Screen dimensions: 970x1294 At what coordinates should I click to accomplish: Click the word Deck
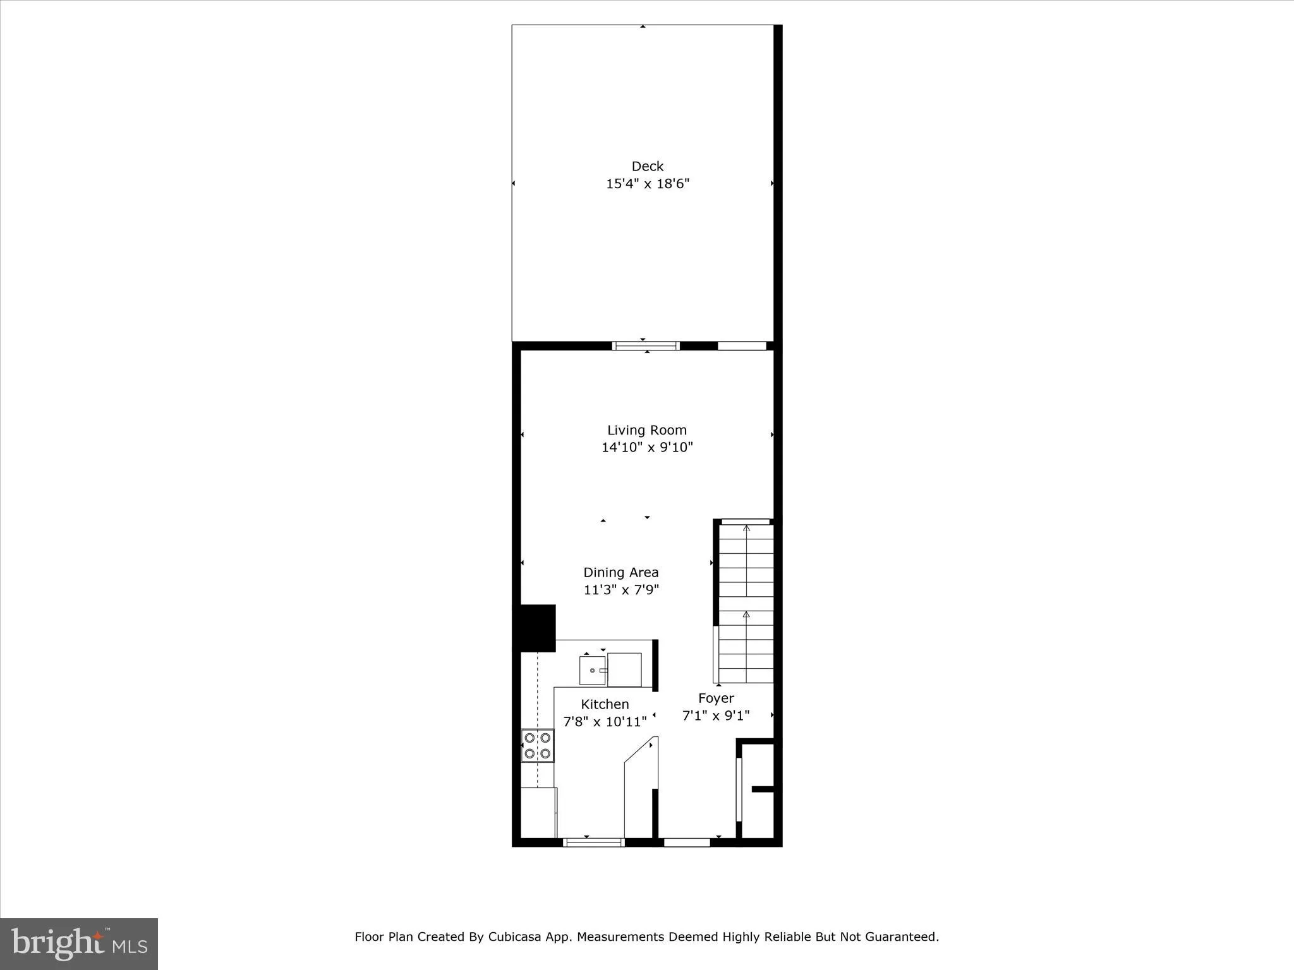648,166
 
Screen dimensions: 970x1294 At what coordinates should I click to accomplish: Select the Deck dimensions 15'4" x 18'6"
648,184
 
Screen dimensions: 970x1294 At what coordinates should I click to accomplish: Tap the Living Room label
647,430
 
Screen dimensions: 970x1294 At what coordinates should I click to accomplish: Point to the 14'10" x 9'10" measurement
647,448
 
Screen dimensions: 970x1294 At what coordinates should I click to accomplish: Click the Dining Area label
620,572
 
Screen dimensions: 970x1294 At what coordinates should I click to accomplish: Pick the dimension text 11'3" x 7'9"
621,590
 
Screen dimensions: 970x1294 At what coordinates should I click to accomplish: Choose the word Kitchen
605,704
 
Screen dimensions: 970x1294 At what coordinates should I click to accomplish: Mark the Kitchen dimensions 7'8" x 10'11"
605,721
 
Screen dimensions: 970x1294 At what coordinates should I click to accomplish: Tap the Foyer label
716,698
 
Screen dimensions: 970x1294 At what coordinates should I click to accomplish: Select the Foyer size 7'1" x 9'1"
716,716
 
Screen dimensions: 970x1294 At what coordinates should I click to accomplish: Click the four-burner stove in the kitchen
537,746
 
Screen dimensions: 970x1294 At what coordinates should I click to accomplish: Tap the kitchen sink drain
592,671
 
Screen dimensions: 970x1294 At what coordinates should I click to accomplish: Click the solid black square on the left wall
534,628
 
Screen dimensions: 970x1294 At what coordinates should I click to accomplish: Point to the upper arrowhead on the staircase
747,528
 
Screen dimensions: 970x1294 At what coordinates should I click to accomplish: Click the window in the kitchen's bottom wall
593,842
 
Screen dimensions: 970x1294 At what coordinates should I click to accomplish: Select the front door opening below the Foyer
687,842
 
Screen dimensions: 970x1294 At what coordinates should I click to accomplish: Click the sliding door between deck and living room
646,345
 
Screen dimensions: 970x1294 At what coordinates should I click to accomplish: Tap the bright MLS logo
79,943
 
